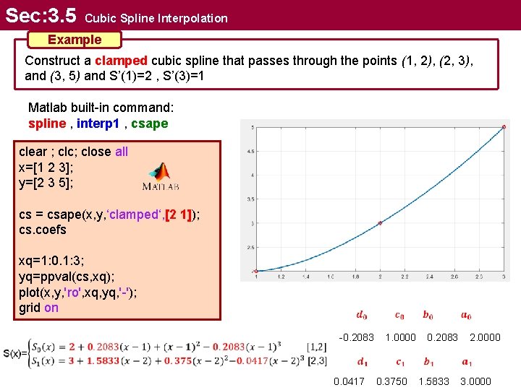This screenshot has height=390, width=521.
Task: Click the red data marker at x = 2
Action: (381, 223)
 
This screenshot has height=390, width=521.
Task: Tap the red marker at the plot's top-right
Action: (504, 127)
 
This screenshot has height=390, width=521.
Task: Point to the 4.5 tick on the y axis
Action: (250, 152)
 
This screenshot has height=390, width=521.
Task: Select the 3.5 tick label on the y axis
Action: (250, 199)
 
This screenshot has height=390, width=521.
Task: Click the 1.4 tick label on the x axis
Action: (307, 277)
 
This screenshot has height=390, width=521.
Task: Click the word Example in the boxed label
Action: (75, 40)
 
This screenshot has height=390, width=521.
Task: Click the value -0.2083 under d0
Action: (357, 337)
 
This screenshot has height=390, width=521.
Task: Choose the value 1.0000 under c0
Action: (401, 337)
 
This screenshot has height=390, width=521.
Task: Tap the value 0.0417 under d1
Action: (349, 381)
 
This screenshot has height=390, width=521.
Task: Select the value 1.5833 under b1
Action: (433, 381)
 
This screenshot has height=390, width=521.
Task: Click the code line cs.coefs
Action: (43, 230)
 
